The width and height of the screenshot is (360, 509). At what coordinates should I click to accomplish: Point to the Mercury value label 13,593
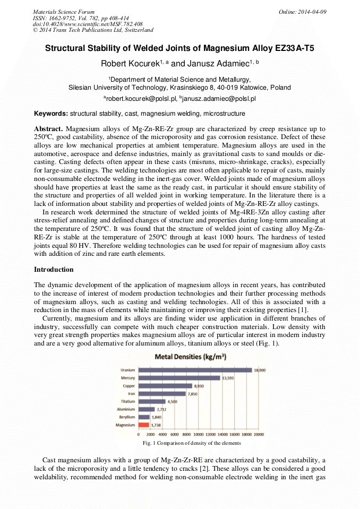228,378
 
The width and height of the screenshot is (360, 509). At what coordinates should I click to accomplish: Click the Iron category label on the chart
131,393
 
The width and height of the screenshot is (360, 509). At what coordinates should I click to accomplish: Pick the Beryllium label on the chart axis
127,417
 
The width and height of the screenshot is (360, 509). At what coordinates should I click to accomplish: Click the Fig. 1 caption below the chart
192,443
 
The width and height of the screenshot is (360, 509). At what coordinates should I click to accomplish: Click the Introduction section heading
54,270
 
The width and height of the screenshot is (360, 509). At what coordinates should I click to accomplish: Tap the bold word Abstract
49,129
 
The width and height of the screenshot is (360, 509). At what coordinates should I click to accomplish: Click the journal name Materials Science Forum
64,12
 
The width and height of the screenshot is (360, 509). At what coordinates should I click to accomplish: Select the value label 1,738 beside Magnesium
157,426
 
